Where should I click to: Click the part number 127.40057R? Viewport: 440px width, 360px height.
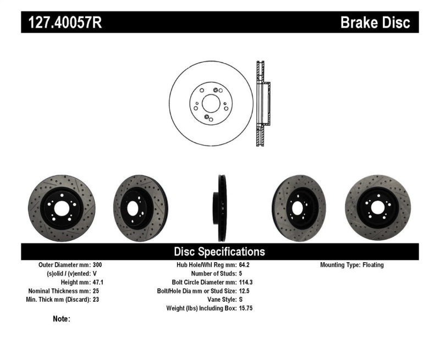[62, 23]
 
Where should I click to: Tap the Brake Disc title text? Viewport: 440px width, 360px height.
[375, 23]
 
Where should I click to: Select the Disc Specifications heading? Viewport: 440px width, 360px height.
[219, 252]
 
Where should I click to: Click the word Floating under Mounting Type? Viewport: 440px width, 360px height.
[373, 265]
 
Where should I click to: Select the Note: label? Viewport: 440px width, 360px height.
[62, 319]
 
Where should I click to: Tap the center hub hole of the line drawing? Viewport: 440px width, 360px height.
[210, 103]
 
